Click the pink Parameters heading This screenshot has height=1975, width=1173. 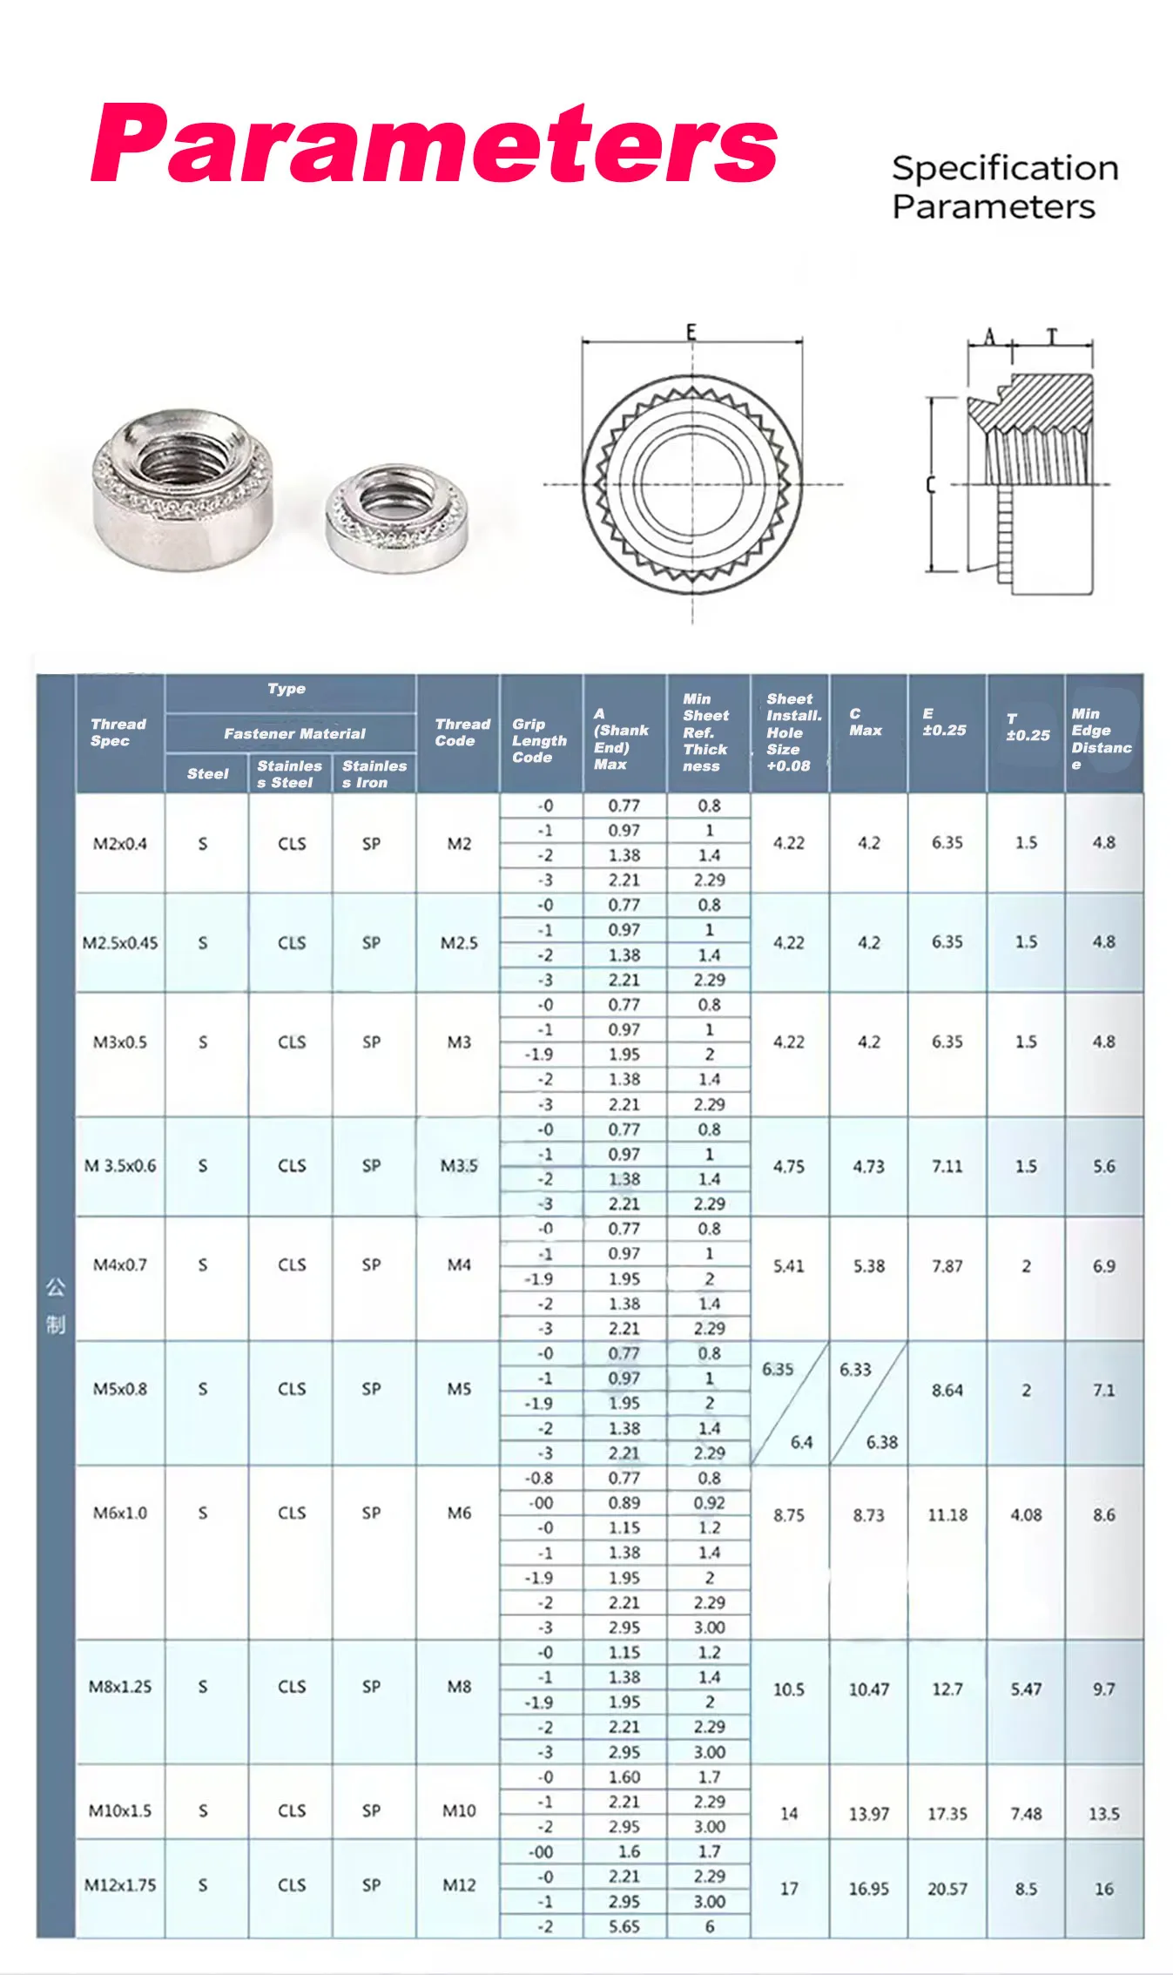click(x=434, y=144)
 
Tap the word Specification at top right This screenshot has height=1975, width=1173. click(x=1004, y=168)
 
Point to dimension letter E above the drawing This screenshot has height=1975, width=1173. click(x=691, y=332)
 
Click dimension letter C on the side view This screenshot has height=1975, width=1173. click(x=930, y=484)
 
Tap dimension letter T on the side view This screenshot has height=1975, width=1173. click(x=1052, y=337)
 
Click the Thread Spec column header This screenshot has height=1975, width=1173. click(x=118, y=732)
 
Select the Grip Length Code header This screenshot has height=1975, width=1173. click(x=539, y=740)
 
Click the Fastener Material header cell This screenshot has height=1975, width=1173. click(x=294, y=733)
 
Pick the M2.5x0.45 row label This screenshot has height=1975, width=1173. click(x=120, y=943)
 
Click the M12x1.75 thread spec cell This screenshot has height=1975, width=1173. click(x=120, y=1885)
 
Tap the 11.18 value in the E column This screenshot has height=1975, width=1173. click(x=947, y=1515)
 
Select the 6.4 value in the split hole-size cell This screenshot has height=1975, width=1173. click(x=801, y=1442)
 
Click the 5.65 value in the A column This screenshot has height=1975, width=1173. click(x=624, y=1927)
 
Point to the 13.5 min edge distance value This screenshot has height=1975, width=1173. click(x=1104, y=1814)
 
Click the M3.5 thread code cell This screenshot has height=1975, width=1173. click(x=459, y=1166)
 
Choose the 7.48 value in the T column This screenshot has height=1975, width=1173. click(x=1026, y=1814)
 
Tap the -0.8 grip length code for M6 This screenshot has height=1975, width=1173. click(x=539, y=1478)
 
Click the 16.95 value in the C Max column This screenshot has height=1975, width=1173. click(x=869, y=1889)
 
